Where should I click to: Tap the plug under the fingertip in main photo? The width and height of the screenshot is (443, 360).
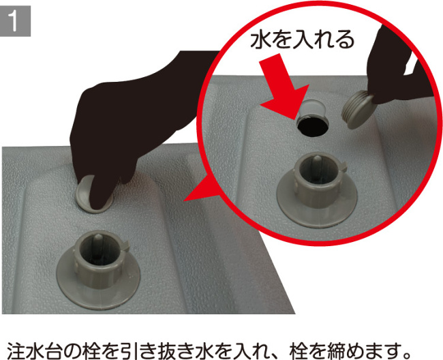[x=85, y=192]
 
